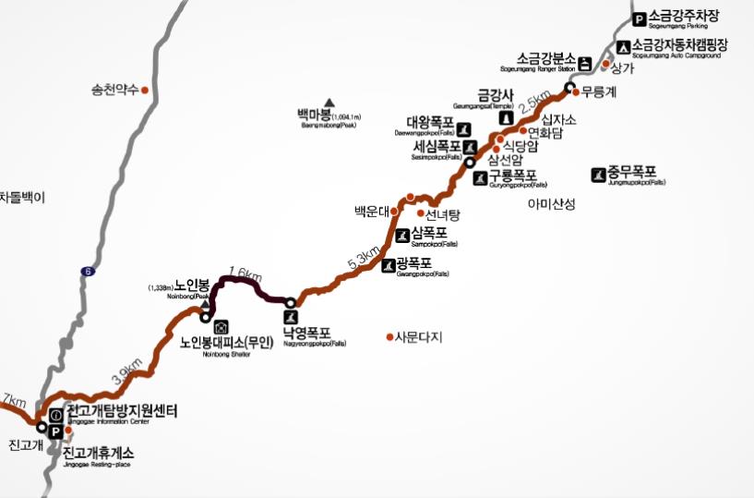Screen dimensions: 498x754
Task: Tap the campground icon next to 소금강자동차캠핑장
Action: (624, 45)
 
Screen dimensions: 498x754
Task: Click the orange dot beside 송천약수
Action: (145, 90)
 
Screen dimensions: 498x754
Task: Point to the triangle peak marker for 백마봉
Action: (329, 103)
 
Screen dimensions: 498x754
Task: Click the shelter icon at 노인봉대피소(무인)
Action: (221, 326)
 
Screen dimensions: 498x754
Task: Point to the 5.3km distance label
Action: (363, 260)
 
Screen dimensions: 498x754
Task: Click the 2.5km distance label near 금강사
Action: (534, 103)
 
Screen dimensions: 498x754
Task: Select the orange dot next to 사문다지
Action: (389, 336)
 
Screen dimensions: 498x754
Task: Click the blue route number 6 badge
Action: (88, 271)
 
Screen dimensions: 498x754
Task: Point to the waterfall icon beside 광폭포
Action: (388, 266)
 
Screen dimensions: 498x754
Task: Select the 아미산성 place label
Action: (551, 204)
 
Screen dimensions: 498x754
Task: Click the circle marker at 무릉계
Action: (570, 89)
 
